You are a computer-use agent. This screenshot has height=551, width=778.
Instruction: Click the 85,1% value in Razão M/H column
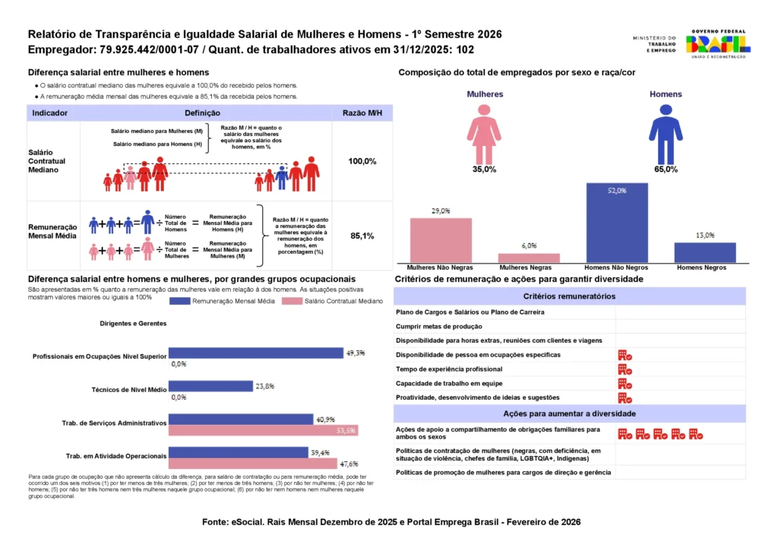362,236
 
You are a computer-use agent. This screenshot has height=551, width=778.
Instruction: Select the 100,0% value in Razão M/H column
362,162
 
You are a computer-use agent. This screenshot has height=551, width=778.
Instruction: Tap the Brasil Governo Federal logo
718,43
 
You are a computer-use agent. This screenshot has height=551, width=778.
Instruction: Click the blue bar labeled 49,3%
255,353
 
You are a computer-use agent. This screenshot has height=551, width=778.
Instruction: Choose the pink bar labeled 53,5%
263,430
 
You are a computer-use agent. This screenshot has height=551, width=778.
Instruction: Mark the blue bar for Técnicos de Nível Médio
210,386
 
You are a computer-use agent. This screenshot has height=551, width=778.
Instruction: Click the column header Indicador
50,112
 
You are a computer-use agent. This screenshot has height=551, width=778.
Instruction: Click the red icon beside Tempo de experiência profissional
625,369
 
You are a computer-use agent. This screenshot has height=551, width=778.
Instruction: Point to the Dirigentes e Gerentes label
133,323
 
